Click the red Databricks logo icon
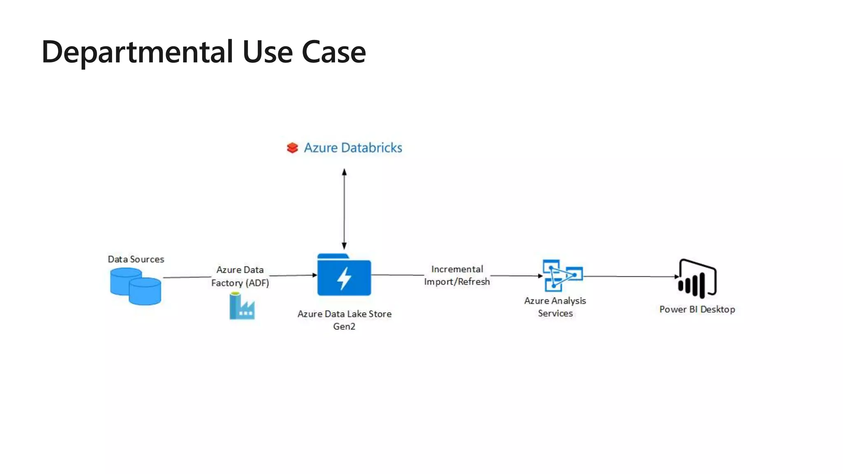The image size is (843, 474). pyautogui.click(x=292, y=148)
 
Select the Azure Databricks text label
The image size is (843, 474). pyautogui.click(x=353, y=148)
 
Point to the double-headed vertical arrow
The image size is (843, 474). pyautogui.click(x=344, y=209)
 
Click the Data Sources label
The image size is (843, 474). pyautogui.click(x=136, y=259)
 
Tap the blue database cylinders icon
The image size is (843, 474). pyautogui.click(x=135, y=286)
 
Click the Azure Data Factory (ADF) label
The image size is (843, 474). pyautogui.click(x=240, y=276)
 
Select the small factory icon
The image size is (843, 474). pyautogui.click(x=242, y=306)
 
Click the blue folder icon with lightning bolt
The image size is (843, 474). pyautogui.click(x=344, y=275)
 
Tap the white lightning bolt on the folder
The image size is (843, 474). pyautogui.click(x=344, y=279)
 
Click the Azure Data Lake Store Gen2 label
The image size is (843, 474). pyautogui.click(x=344, y=320)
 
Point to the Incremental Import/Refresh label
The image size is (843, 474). pyautogui.click(x=457, y=275)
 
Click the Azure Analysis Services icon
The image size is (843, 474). pyautogui.click(x=562, y=275)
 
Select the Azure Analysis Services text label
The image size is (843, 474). pyautogui.click(x=555, y=307)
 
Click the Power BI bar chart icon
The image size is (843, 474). pyautogui.click(x=697, y=279)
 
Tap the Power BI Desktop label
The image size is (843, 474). pyautogui.click(x=697, y=309)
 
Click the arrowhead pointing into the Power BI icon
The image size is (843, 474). pyautogui.click(x=676, y=277)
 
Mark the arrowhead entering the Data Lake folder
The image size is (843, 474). pyautogui.click(x=315, y=275)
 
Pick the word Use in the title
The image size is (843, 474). pyautogui.click(x=268, y=52)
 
